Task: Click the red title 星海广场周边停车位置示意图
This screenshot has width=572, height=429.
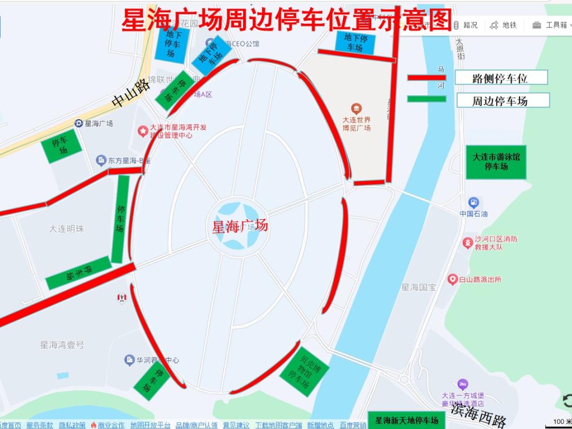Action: click(x=287, y=20)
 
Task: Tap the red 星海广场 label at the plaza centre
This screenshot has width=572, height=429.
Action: click(x=240, y=227)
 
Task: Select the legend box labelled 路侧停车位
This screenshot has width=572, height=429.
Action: click(x=501, y=78)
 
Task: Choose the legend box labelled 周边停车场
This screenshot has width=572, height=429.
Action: click(x=501, y=100)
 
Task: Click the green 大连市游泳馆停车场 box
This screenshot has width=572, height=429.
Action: click(x=496, y=162)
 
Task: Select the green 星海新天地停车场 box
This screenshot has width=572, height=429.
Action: click(x=407, y=421)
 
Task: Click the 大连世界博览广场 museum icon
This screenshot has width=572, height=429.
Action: click(x=356, y=109)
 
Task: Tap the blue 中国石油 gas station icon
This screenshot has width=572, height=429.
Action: click(x=473, y=202)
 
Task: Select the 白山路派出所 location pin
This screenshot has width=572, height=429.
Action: click(x=452, y=279)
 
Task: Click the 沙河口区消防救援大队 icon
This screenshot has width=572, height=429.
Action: click(x=468, y=243)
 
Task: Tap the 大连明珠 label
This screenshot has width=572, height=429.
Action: click(x=67, y=229)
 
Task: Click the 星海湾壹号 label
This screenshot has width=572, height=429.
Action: click(x=62, y=345)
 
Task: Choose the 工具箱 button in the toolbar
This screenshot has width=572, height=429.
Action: click(x=551, y=25)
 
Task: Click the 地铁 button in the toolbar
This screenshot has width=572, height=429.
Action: click(x=503, y=25)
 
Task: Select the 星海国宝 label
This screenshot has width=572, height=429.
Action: click(x=418, y=287)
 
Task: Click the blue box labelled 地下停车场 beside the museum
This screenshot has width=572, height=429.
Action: click(x=355, y=42)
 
